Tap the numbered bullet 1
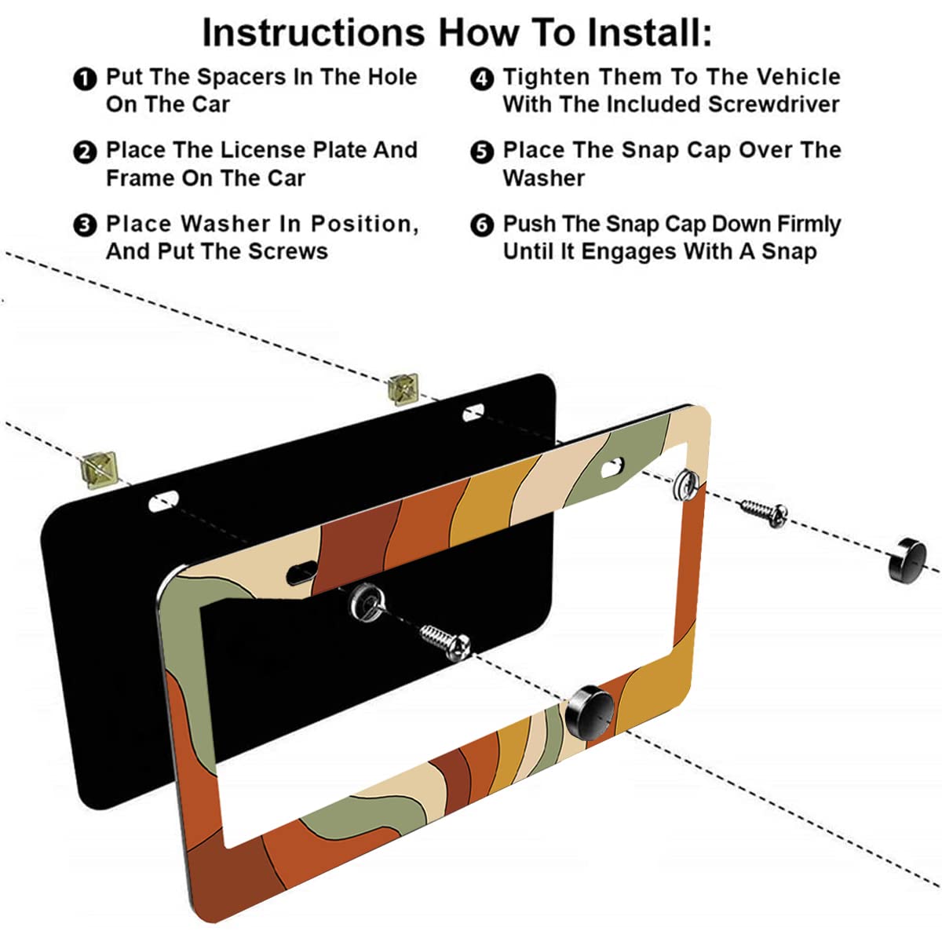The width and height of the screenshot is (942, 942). tap(84, 78)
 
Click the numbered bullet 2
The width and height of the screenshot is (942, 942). tap(84, 152)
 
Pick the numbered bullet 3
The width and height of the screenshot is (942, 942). tap(84, 225)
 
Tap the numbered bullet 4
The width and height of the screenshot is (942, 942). tap(481, 78)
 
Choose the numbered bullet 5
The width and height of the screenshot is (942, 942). tap(481, 152)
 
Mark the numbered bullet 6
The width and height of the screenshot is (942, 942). tap(481, 225)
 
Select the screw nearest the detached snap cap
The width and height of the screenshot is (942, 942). tap(763, 513)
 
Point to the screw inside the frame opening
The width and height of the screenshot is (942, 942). tap(445, 640)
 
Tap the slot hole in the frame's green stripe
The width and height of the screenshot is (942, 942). tap(612, 468)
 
